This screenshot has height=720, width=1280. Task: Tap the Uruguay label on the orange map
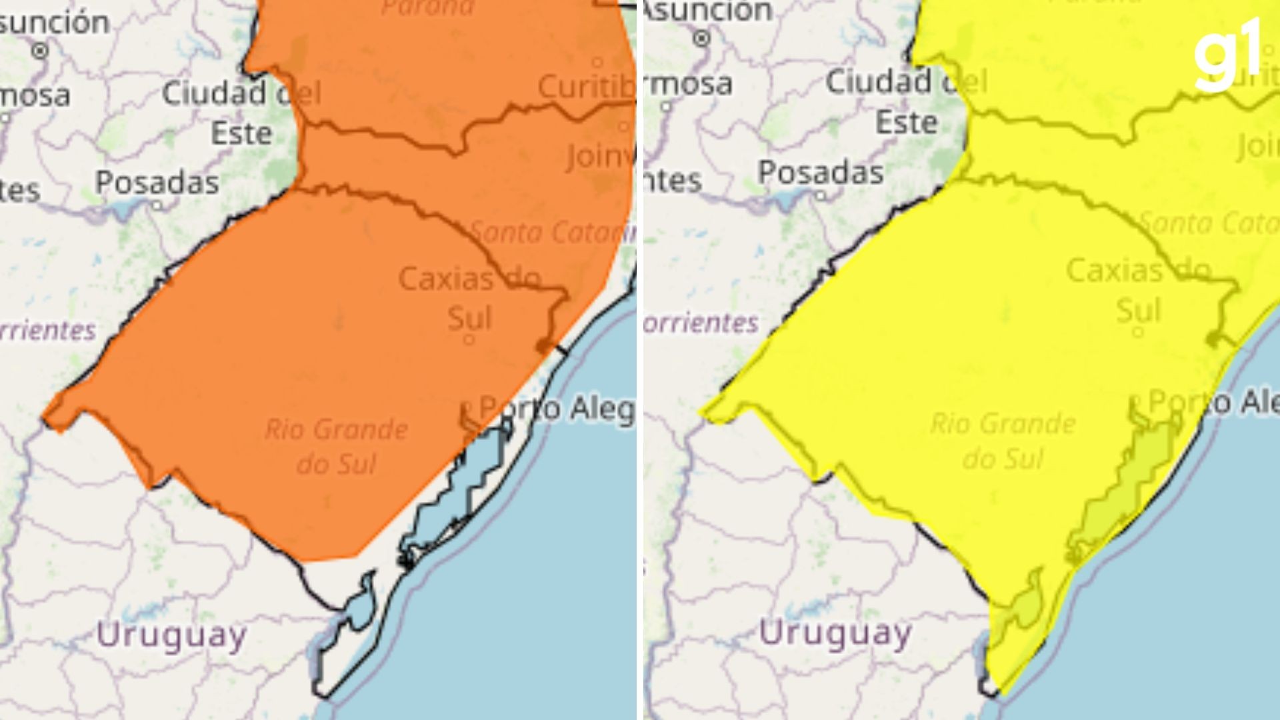point(171,635)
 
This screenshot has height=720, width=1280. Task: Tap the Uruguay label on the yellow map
point(835,633)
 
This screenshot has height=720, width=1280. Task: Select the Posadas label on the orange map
point(157,183)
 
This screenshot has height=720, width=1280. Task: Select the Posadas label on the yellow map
point(821,173)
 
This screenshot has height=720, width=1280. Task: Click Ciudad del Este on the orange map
point(241,112)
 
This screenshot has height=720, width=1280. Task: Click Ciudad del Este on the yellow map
point(906,102)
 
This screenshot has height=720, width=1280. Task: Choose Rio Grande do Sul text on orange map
point(336,446)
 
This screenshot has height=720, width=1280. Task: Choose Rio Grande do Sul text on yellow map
point(1003,440)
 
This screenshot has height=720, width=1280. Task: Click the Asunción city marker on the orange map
point(41,50)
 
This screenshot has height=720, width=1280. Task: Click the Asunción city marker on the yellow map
point(701,39)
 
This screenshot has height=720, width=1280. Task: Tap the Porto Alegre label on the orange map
point(557,409)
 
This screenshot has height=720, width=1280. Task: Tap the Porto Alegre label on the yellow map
point(1213,402)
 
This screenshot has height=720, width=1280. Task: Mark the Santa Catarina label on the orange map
point(551,232)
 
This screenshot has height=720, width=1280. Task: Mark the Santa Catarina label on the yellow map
point(1208,223)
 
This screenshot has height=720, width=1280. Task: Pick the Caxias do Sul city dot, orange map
point(469,340)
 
